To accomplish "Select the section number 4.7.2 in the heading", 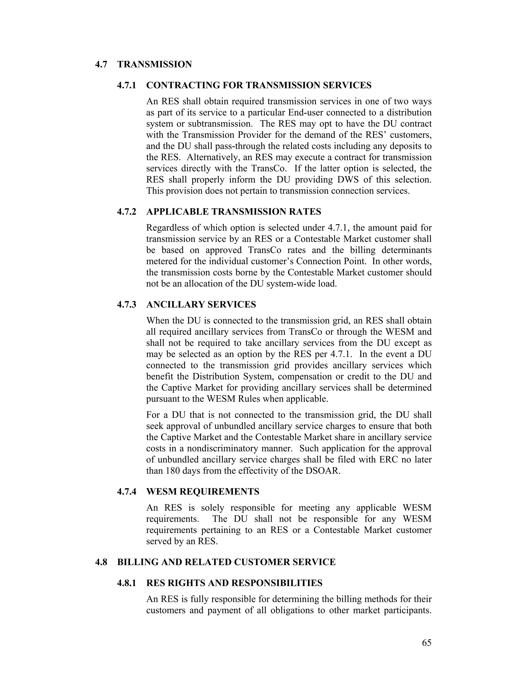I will tap(127, 212).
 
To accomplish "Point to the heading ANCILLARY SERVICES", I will tap(201, 304).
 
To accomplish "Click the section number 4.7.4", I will tap(127, 492).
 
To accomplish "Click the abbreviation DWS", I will tap(351, 180).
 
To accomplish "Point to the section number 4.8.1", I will tap(127, 583).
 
